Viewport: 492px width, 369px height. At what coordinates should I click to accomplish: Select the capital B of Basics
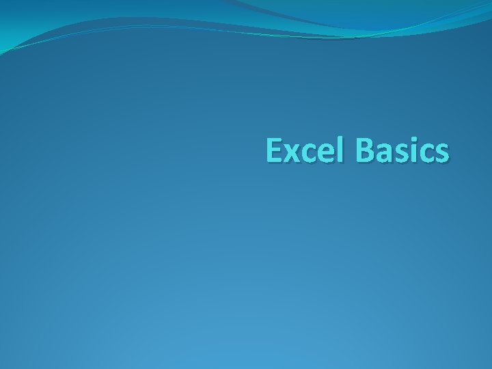point(363,151)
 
